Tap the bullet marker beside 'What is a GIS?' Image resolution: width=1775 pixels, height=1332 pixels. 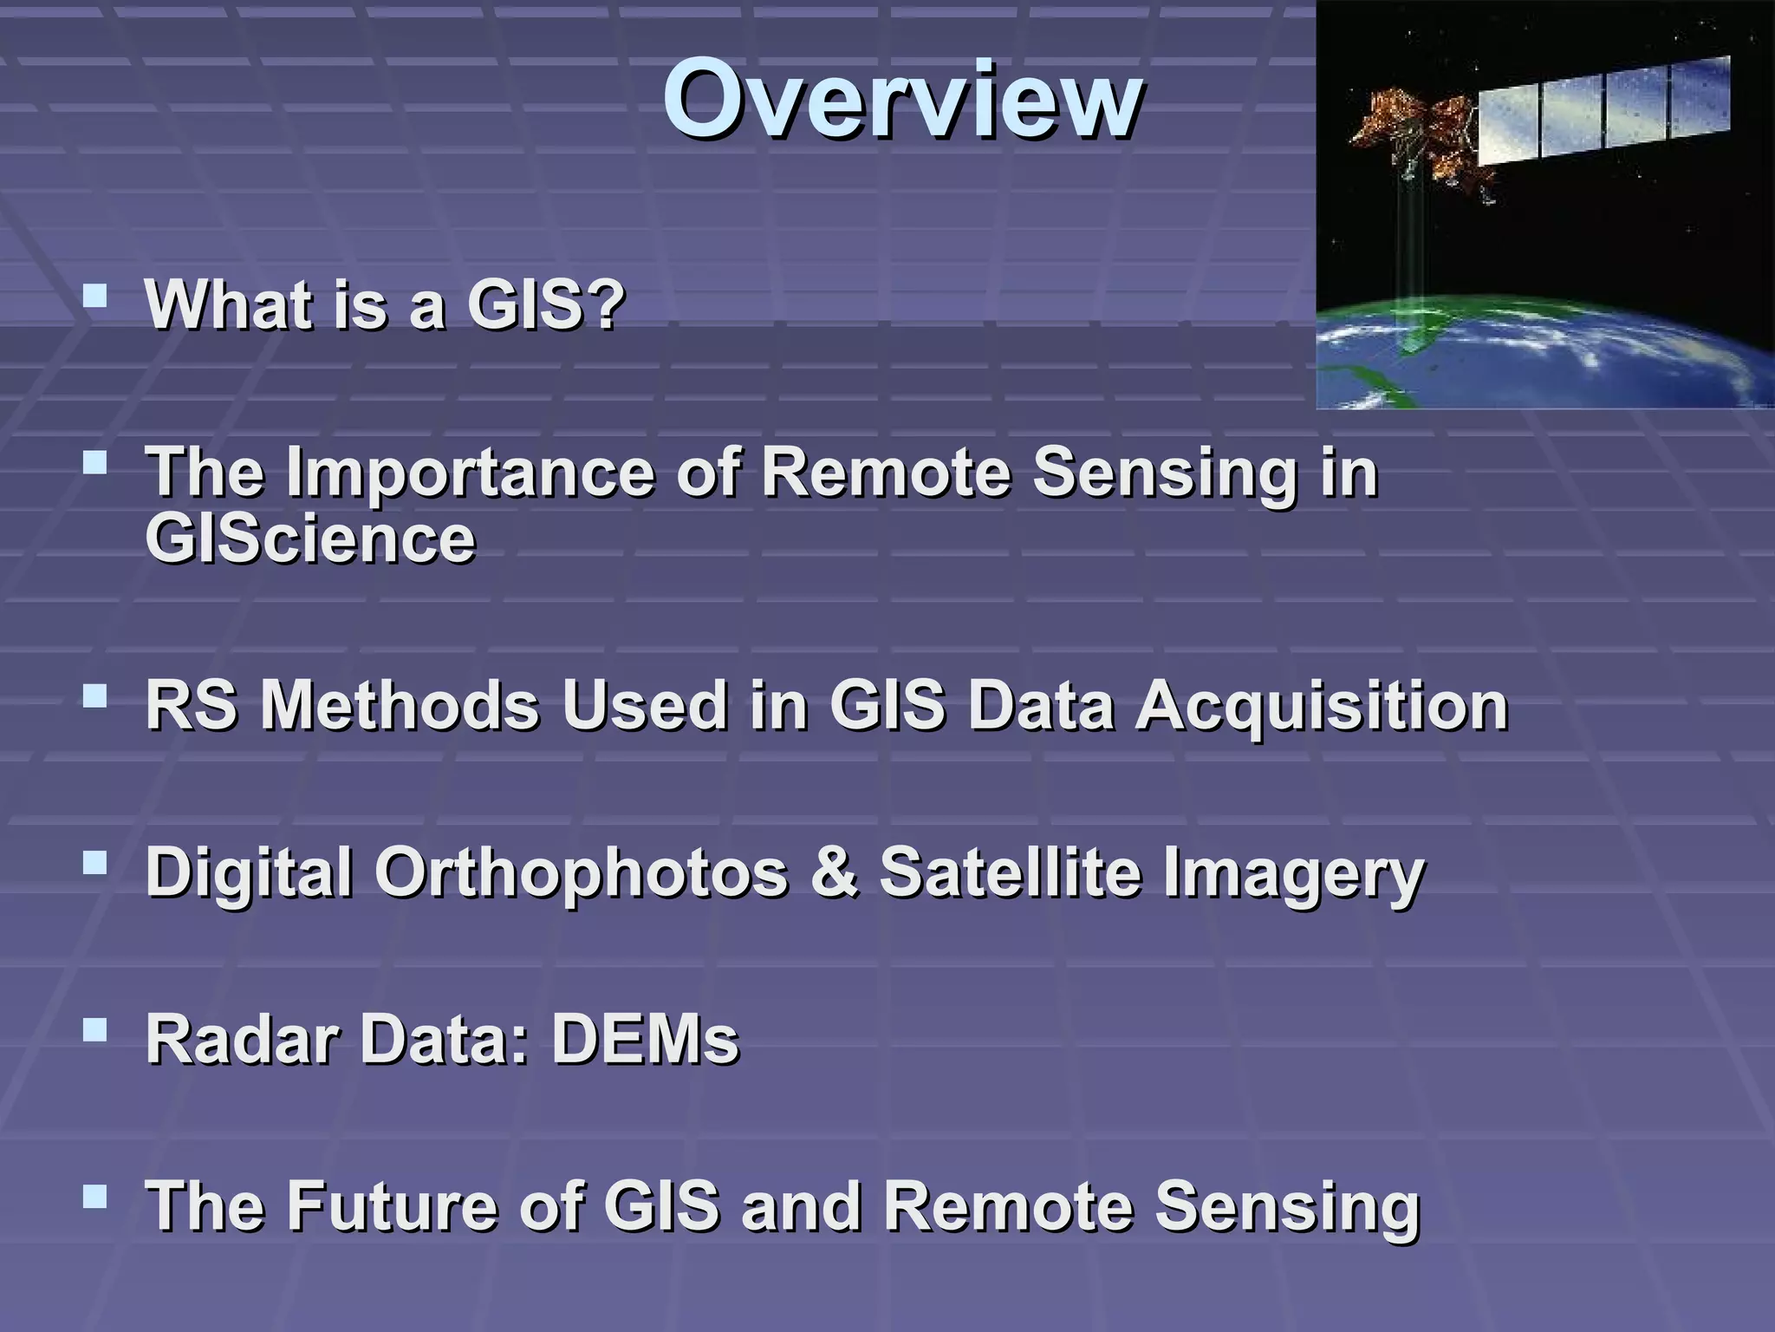[x=94, y=298]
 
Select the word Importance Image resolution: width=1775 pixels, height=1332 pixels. [x=469, y=473]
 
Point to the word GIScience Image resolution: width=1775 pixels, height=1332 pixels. [x=310, y=539]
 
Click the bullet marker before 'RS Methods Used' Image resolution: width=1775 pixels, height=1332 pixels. [x=94, y=696]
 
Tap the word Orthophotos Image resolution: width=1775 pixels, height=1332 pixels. [x=580, y=872]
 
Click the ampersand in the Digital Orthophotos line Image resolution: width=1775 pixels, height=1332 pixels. [x=833, y=872]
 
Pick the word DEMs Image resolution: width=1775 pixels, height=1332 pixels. [x=645, y=1039]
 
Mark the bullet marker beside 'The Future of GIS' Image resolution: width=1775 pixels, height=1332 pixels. [x=94, y=1198]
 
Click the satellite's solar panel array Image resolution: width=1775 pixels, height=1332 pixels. [x=1603, y=111]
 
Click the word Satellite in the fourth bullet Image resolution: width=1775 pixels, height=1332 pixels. [x=1010, y=872]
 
